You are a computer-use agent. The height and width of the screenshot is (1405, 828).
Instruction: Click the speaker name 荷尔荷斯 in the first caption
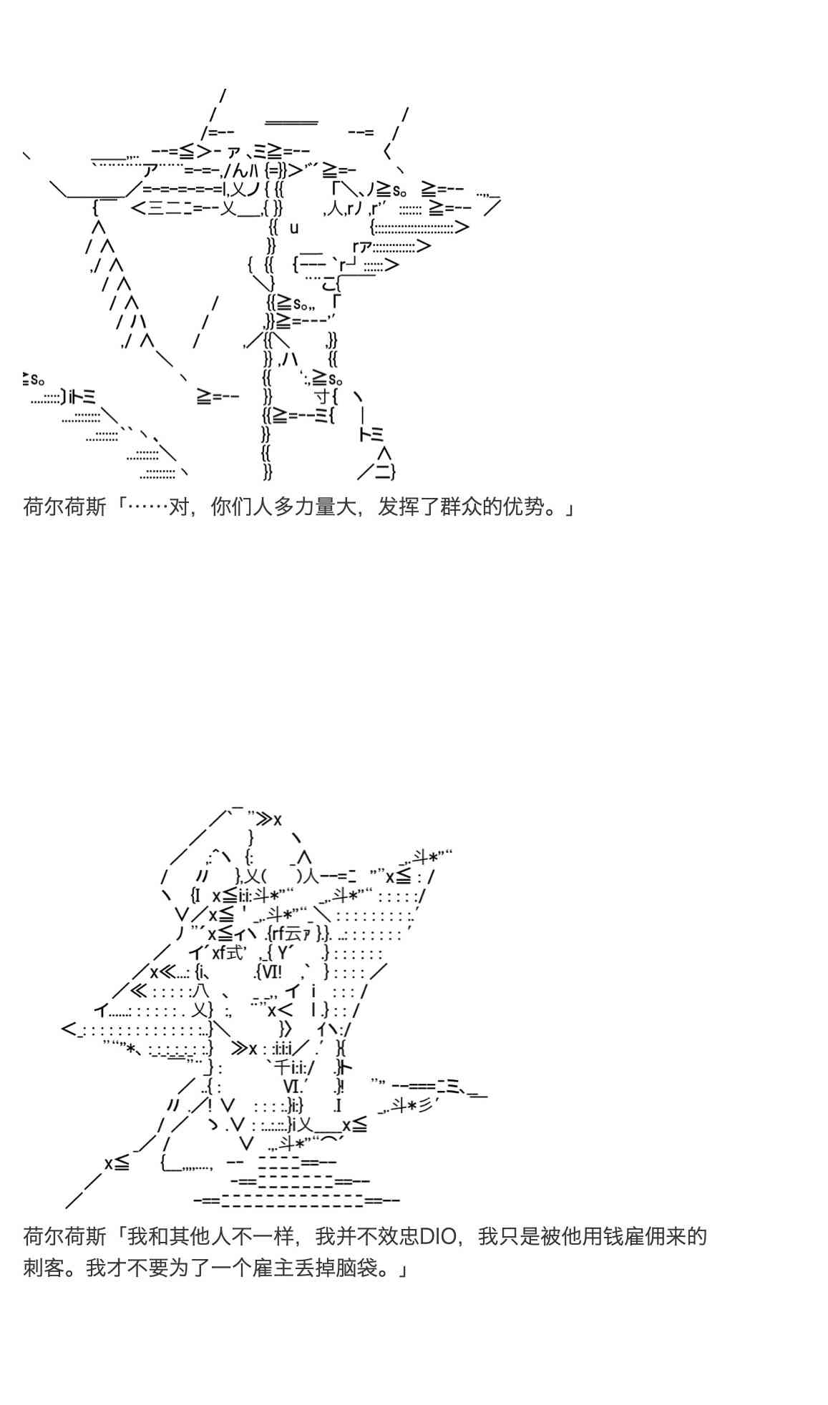64,508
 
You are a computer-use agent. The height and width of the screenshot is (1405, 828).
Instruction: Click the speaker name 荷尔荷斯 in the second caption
64,1236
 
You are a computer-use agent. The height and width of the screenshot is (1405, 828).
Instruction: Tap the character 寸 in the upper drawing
323,395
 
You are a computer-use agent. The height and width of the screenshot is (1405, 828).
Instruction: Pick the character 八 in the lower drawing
200,992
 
